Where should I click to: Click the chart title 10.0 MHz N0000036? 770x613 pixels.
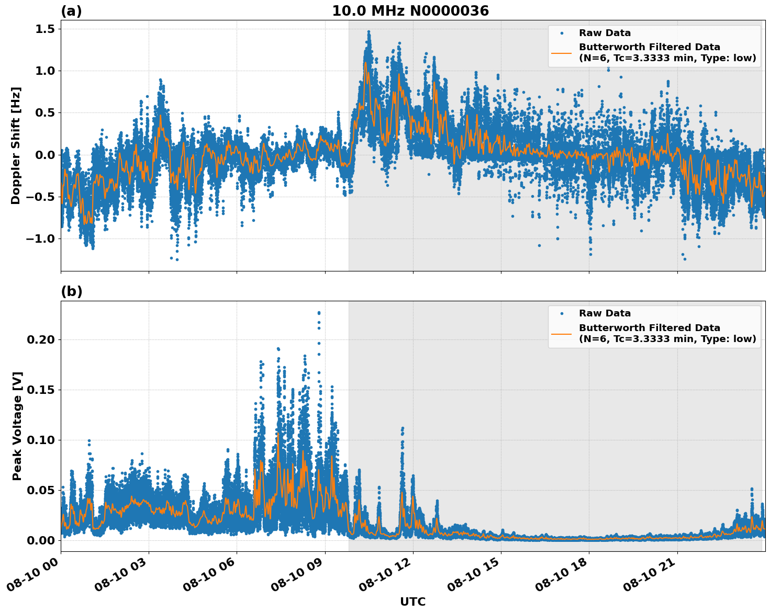click(x=410, y=11)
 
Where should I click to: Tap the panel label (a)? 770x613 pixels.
click(x=71, y=11)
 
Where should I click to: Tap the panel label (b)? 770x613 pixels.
click(x=71, y=291)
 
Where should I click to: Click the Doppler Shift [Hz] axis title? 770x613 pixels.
click(x=16, y=145)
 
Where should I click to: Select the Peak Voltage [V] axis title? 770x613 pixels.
click(x=17, y=426)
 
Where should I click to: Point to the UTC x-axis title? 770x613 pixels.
click(x=412, y=601)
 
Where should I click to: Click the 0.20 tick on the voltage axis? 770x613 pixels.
click(x=41, y=339)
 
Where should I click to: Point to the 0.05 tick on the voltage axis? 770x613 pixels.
click(x=41, y=490)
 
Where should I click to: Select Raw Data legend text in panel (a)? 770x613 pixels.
click(x=605, y=33)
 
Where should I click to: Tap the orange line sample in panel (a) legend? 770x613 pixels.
click(x=562, y=53)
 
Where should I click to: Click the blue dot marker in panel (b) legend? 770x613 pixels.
click(x=562, y=313)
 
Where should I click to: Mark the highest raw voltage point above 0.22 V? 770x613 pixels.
click(x=319, y=312)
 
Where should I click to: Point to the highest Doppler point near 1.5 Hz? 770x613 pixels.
click(x=369, y=31)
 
